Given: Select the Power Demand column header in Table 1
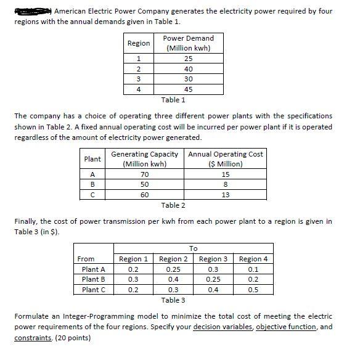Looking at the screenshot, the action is [188, 43].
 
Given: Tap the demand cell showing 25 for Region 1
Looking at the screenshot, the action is [188, 59].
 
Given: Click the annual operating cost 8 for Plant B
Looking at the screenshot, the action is [225, 184].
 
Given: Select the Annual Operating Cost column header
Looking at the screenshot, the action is [225, 159].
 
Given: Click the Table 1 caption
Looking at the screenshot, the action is [173, 99].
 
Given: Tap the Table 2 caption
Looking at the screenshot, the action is [173, 205].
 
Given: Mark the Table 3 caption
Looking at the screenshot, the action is [173, 300].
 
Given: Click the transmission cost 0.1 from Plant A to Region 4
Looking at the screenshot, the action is [254, 269].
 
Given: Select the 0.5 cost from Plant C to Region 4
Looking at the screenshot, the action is [254, 290].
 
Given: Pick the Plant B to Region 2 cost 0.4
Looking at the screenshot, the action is [173, 280].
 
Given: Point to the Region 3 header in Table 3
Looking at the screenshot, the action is [213, 259].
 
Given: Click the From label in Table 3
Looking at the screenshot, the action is [86, 259].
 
